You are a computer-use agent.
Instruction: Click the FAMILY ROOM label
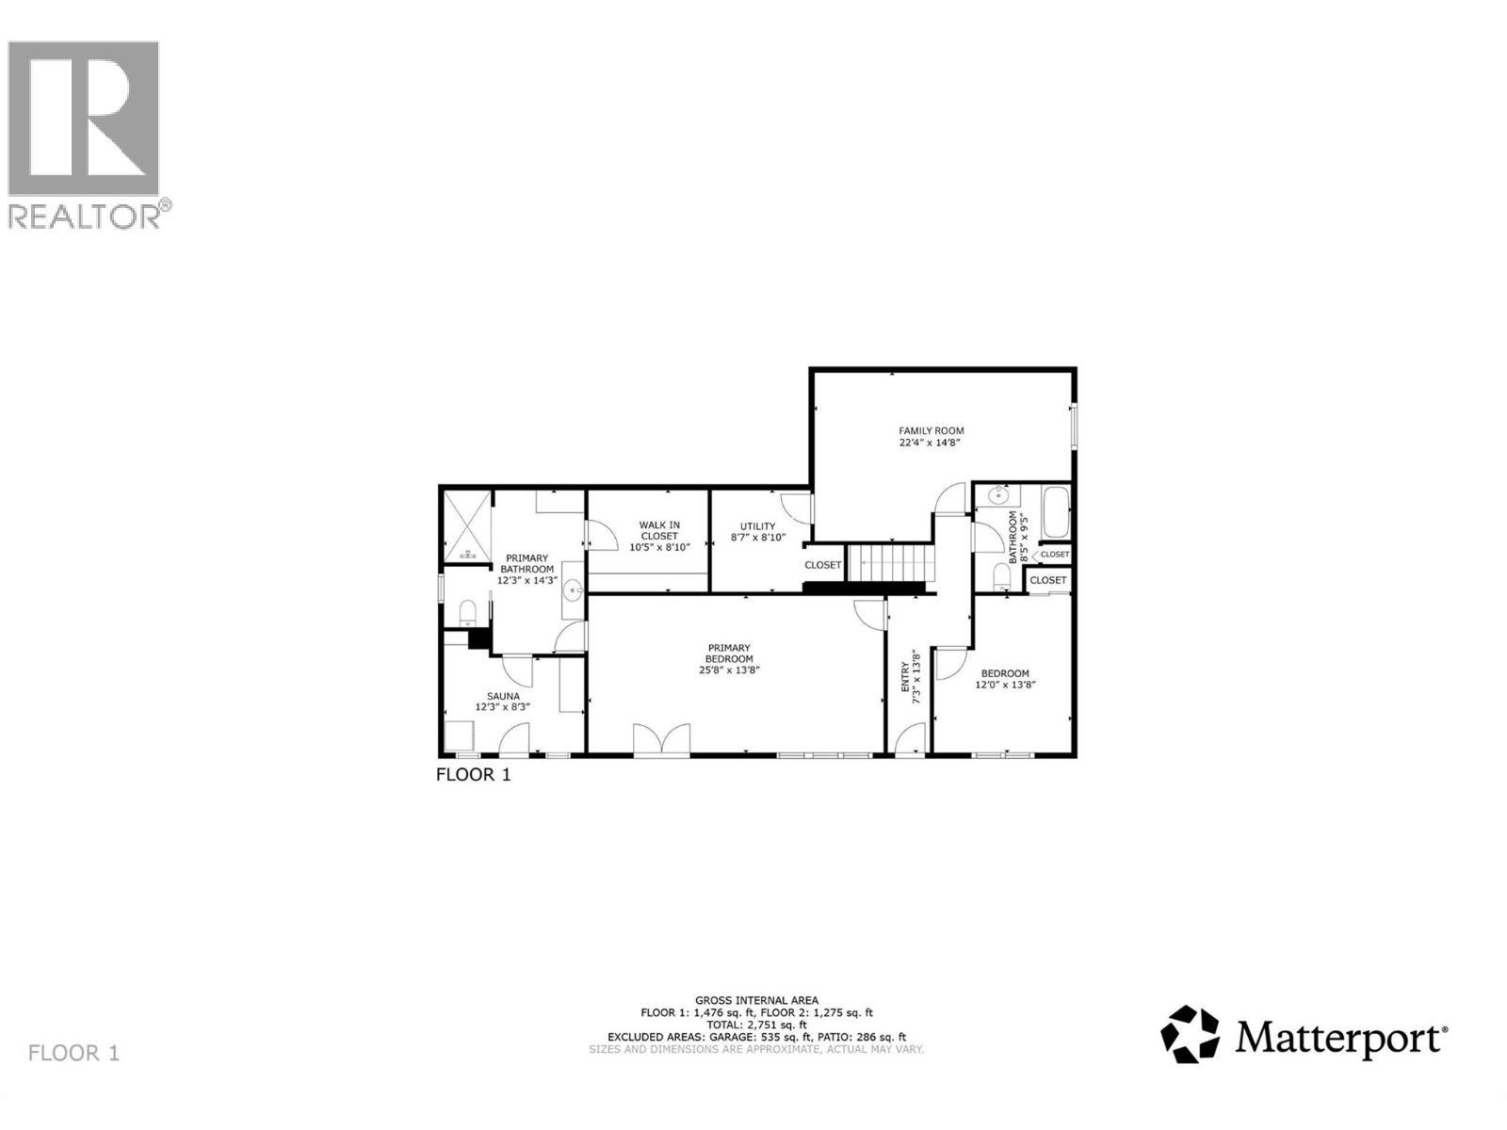931,431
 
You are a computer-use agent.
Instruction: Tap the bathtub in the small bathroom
1056,514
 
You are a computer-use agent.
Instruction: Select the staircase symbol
890,564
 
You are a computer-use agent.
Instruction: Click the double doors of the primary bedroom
661,739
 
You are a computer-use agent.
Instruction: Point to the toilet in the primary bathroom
467,614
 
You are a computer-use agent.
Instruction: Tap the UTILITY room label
757,526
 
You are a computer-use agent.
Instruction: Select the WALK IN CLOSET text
659,530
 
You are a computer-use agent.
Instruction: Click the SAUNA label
496,696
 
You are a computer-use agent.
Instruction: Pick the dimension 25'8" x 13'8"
729,670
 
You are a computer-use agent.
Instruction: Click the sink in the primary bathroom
573,591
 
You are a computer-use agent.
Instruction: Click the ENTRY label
906,677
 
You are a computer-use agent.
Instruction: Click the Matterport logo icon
1190,1034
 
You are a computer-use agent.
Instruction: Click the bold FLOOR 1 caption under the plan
473,775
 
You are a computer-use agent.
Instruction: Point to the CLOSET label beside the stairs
822,565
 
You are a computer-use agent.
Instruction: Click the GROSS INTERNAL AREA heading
756,1000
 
